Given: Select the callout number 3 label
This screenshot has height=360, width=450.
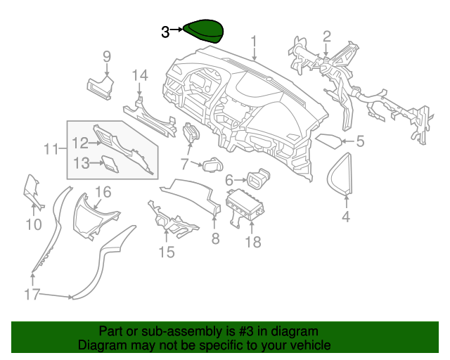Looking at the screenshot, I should coord(165,32).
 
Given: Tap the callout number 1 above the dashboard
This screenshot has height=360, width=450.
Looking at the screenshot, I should coord(254,42).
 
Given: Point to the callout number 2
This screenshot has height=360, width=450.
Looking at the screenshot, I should coord(327,36).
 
